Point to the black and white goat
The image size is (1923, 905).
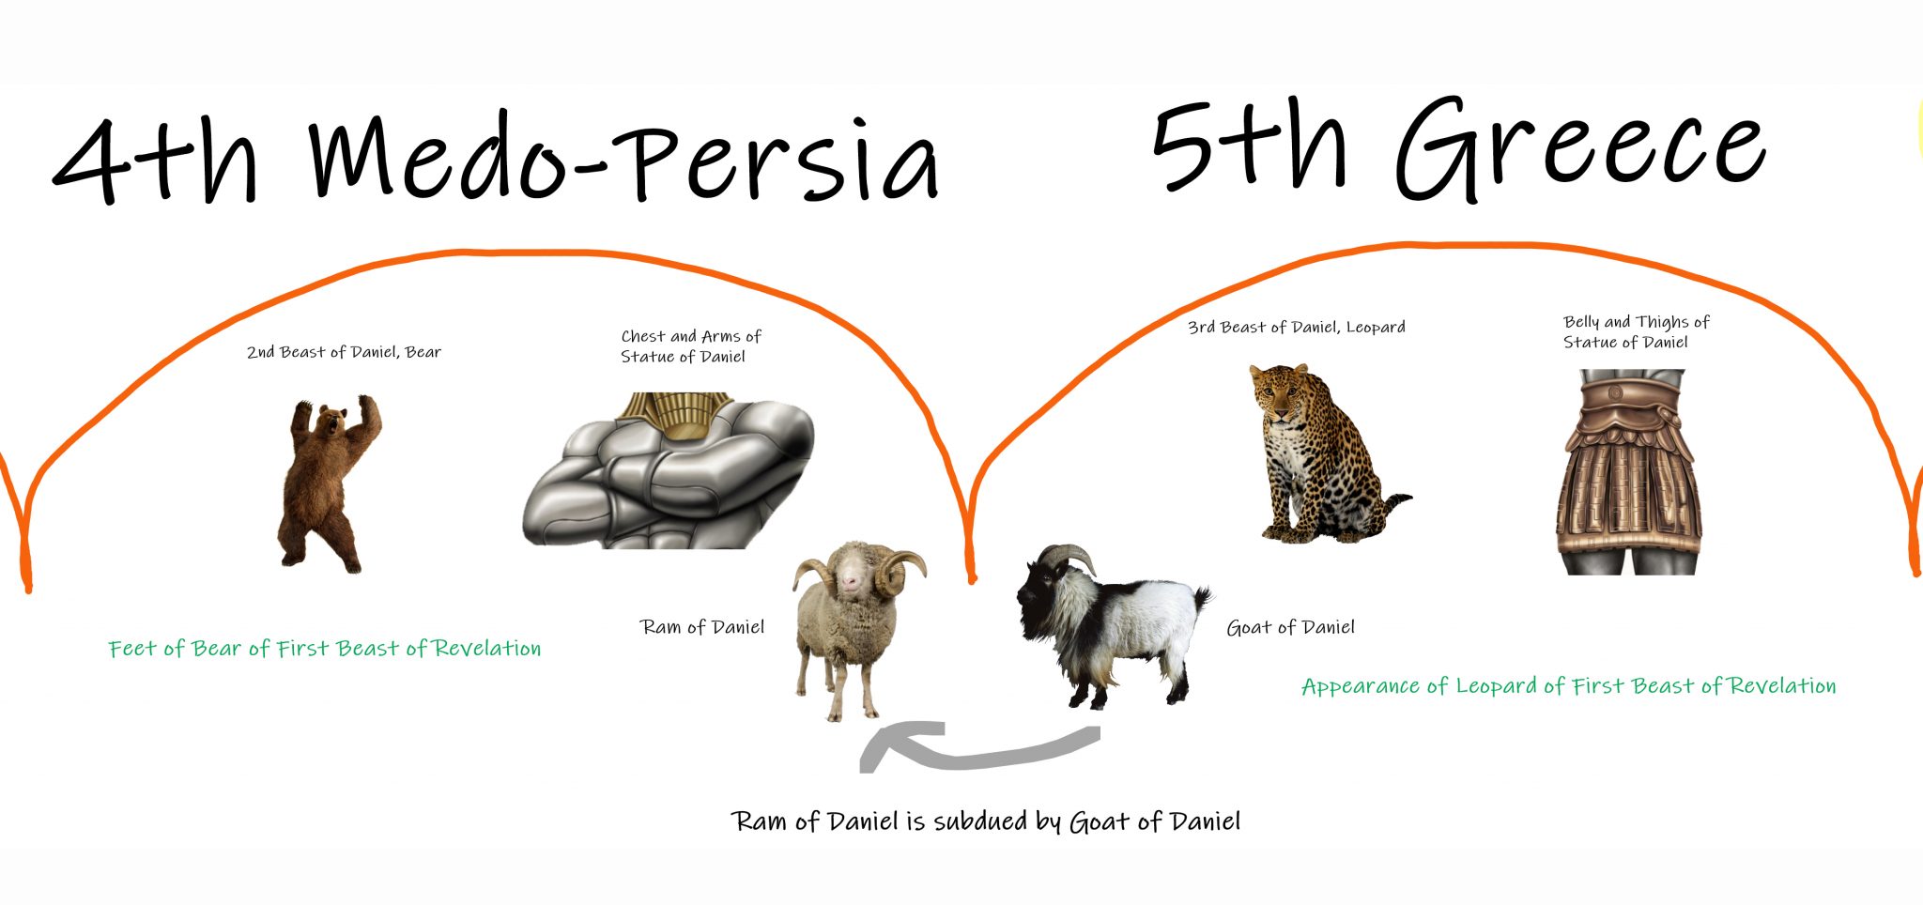(1114, 624)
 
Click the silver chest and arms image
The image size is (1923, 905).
(669, 470)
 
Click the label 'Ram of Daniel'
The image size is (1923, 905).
(702, 627)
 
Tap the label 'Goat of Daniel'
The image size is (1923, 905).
(1290, 627)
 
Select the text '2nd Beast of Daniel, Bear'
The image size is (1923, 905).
(344, 352)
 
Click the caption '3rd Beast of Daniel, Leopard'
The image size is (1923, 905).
(1297, 327)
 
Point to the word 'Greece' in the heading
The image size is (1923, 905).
(1580, 147)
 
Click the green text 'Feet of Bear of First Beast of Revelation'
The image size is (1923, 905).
(325, 649)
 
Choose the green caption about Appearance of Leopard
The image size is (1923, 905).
(1569, 686)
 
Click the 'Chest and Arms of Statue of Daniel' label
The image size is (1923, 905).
(691, 345)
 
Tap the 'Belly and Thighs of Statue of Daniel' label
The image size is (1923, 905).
(1637, 331)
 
